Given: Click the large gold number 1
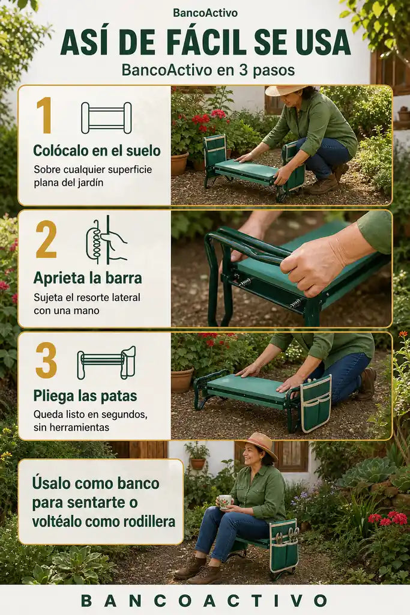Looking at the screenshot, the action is point(44,115).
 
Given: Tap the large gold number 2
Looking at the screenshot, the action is point(46,239).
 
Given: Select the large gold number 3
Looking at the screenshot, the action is point(46,360).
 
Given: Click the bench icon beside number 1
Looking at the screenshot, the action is point(106,118).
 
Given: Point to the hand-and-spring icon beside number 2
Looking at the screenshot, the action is point(106,240).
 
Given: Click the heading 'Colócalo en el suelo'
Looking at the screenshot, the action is point(97,150).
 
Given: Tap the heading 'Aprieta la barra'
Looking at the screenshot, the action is point(88,278).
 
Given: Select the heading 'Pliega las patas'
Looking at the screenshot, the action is point(85,396).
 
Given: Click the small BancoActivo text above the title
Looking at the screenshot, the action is point(205,13).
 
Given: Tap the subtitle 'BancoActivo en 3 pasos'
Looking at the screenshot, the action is point(208,70).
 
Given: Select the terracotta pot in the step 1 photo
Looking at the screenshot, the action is point(179,163).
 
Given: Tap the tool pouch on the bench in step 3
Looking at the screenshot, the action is point(316,402).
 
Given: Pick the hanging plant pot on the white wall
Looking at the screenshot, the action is point(197,463).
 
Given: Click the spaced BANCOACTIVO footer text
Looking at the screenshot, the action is point(204,601).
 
